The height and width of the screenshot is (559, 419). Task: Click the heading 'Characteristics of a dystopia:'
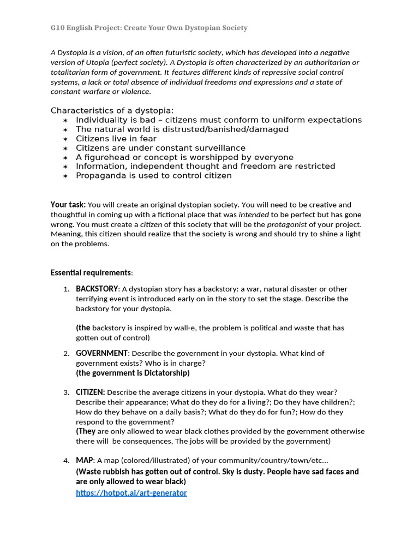click(112, 110)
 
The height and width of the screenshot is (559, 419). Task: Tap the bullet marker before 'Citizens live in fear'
click(65, 139)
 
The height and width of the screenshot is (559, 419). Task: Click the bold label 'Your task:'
click(68, 205)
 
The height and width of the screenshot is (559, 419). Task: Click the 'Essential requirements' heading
click(91, 272)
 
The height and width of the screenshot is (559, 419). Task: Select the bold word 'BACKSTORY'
click(97, 289)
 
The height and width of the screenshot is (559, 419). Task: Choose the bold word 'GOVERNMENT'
click(101, 353)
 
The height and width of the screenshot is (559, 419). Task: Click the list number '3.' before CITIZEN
click(66, 393)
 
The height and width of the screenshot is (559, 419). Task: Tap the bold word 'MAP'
click(85, 460)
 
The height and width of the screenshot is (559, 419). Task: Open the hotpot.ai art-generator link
click(131, 493)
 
